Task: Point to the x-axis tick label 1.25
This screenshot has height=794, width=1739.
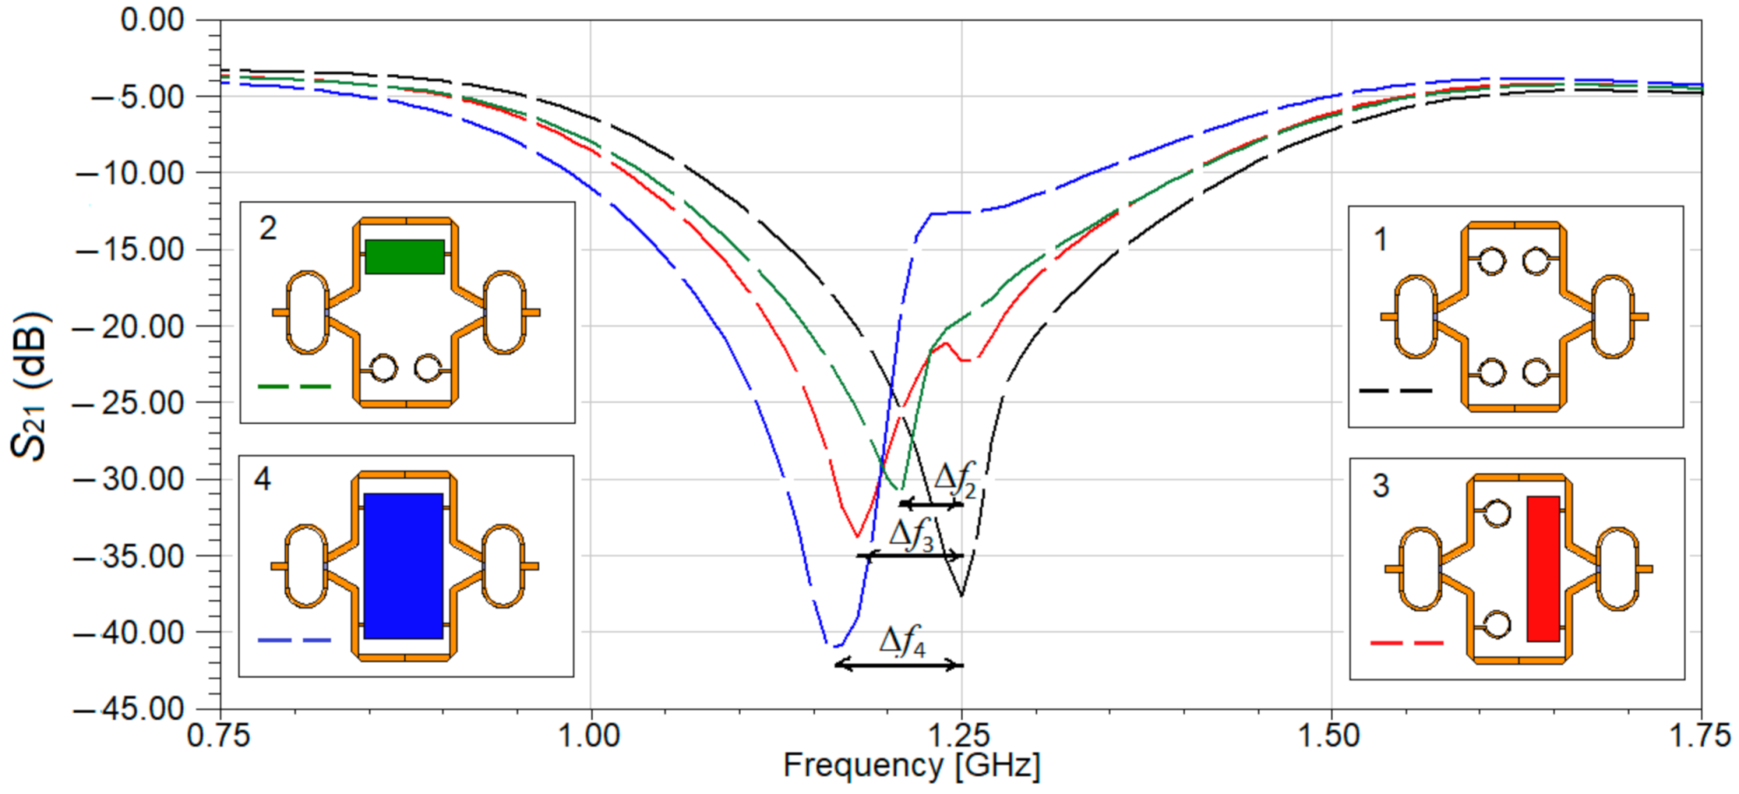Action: point(960,735)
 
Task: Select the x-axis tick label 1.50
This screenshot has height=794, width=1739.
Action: point(1330,735)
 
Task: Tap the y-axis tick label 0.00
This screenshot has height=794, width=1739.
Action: point(152,19)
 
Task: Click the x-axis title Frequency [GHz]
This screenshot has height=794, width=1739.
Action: point(912,766)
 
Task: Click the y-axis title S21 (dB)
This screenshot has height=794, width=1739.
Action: point(30,385)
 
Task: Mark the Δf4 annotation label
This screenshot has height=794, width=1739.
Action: point(902,641)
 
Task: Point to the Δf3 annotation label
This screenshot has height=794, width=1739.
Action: point(911,535)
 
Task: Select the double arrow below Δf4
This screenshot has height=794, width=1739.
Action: point(899,664)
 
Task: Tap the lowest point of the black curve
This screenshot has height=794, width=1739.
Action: point(961,596)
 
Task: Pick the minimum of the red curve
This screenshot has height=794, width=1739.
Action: point(856,536)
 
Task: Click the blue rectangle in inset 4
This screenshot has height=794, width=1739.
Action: point(403,566)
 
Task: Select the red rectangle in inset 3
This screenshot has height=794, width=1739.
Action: point(1543,568)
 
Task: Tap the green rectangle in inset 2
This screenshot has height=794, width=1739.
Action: point(404,256)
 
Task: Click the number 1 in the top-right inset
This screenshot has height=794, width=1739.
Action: point(1380,239)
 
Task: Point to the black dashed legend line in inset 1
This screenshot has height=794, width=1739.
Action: point(1395,390)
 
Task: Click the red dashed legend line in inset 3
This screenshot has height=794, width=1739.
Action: point(1407,643)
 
